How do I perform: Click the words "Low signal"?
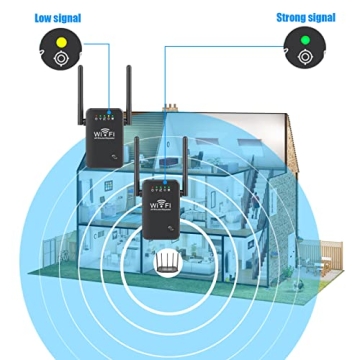57,17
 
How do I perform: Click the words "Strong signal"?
305,17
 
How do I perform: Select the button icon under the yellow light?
60,58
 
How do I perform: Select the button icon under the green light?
303,58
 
